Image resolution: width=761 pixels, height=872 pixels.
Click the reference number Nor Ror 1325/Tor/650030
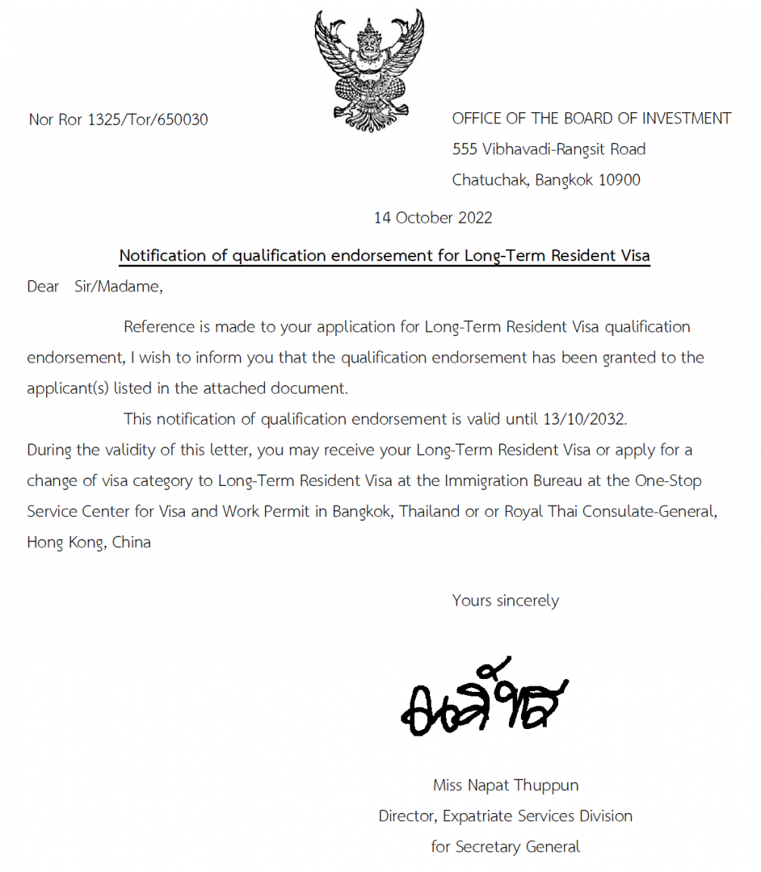[x=118, y=120]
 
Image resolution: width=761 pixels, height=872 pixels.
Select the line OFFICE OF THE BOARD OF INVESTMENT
[x=591, y=118]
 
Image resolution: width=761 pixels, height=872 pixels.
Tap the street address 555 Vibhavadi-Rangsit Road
[x=548, y=149]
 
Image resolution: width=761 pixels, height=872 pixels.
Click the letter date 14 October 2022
[x=433, y=218]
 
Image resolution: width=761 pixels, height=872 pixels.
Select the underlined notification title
[x=385, y=256]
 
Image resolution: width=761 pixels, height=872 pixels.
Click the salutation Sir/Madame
[x=118, y=287]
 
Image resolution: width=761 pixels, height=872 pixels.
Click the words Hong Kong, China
[x=89, y=542]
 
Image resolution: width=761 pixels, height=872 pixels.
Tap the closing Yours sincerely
[x=505, y=601]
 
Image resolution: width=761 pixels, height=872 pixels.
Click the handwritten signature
[x=485, y=700]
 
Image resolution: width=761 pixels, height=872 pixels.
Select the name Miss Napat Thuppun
[x=505, y=786]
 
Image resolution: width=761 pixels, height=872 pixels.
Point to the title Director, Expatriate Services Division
[x=505, y=816]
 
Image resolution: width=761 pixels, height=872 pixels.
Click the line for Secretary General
[x=505, y=847]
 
